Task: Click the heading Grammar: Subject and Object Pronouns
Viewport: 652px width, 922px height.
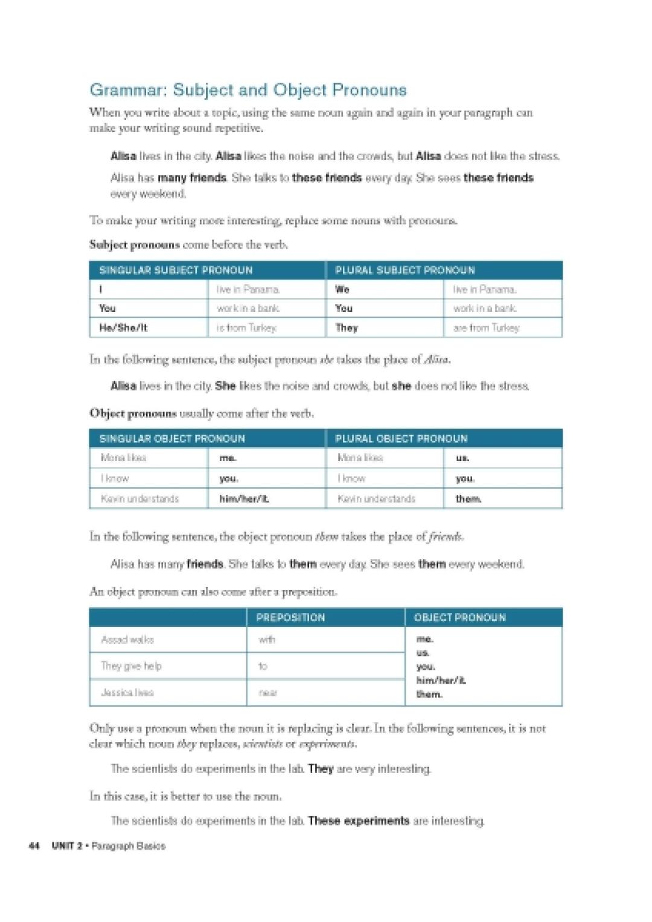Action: click(248, 90)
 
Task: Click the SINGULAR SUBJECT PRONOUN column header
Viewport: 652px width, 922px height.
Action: click(176, 270)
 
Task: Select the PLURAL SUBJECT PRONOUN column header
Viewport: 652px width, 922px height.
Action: click(404, 270)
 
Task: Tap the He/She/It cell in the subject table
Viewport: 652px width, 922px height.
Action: click(123, 328)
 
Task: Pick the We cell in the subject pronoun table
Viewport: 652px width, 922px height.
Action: click(342, 290)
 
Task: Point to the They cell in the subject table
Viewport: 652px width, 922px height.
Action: click(347, 328)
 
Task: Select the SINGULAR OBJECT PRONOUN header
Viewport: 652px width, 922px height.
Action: click(172, 439)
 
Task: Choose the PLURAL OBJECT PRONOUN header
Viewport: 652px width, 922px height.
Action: click(401, 439)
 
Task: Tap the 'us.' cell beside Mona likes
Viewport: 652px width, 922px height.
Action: click(462, 458)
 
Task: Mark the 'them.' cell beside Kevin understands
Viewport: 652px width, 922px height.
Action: click(468, 498)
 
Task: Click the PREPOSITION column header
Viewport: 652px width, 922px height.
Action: click(290, 617)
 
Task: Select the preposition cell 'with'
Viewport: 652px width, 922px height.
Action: click(267, 640)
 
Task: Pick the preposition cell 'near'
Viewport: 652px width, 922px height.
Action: click(268, 693)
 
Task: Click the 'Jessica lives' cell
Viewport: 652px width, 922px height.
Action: click(127, 693)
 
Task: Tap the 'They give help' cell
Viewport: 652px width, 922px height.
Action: click(131, 666)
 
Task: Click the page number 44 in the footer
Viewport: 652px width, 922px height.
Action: click(34, 846)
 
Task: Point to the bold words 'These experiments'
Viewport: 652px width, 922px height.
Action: click(359, 821)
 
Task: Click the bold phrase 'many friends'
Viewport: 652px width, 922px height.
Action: click(192, 178)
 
